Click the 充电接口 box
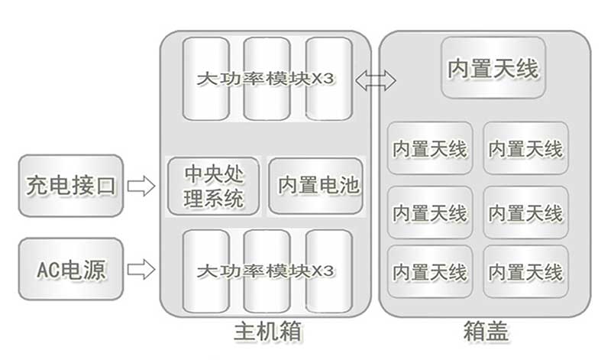[x=70, y=185]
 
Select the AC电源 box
[x=70, y=268]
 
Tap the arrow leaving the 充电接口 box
[x=141, y=186]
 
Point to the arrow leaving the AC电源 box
[x=141, y=269]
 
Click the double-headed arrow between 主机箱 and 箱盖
[x=380, y=79]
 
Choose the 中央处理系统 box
[x=214, y=186]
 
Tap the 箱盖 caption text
[x=486, y=332]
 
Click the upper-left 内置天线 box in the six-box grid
[x=429, y=148]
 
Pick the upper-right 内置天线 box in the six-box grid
[x=525, y=148]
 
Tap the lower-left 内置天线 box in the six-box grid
[x=429, y=271]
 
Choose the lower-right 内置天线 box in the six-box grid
[x=525, y=271]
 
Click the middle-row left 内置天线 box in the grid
[x=429, y=212]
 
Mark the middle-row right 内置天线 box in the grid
[x=525, y=212]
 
